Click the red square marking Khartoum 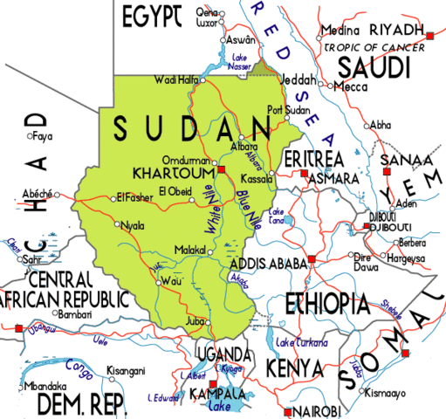pyautogui.click(x=222, y=168)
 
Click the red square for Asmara pyautogui.click(x=303, y=175)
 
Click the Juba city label pyautogui.click(x=196, y=321)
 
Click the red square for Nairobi pyautogui.click(x=288, y=410)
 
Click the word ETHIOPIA pyautogui.click(x=330, y=303)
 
